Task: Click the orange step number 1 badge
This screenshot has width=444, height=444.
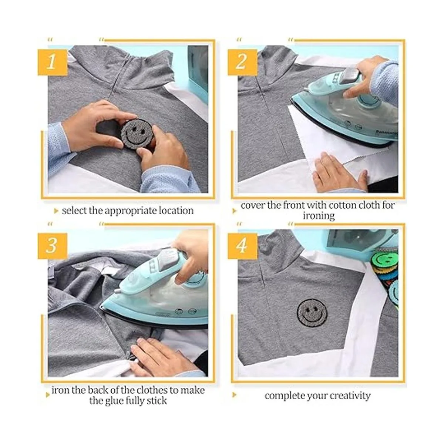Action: pyautogui.click(x=53, y=62)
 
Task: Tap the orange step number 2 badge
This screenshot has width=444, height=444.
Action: pyautogui.click(x=242, y=62)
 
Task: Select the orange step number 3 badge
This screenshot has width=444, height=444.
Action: pyautogui.click(x=53, y=246)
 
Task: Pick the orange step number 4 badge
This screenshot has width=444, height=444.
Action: pyautogui.click(x=242, y=246)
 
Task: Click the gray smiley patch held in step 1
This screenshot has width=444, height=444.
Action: pyautogui.click(x=137, y=134)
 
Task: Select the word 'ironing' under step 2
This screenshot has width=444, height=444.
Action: pyautogui.click(x=319, y=216)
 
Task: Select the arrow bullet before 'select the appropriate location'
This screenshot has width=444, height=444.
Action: pyautogui.click(x=56, y=211)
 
